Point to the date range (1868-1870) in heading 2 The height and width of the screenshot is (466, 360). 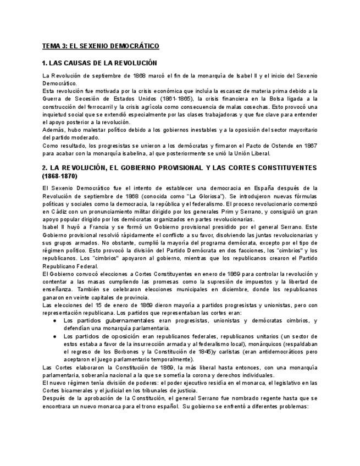(60, 176)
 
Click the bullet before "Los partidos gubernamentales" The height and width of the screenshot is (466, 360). (55, 320)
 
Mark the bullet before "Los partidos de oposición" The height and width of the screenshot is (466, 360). (55, 336)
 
